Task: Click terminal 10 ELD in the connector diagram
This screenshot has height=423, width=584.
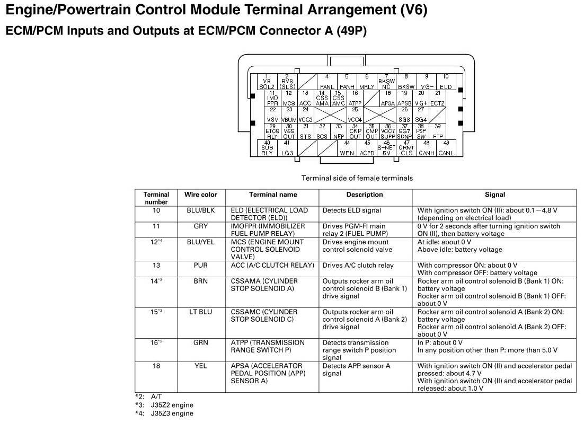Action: click(x=446, y=82)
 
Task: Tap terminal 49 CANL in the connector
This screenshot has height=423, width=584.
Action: click(x=446, y=148)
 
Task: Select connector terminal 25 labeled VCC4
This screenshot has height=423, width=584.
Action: click(x=355, y=114)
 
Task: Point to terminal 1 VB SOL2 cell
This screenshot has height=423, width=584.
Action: click(x=267, y=82)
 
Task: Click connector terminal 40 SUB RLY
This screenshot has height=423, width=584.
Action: click(x=267, y=148)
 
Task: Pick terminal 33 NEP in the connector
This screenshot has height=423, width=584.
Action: click(x=339, y=131)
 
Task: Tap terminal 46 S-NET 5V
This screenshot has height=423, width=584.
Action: click(x=386, y=148)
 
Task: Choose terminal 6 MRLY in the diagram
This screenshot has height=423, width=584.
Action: click(x=367, y=82)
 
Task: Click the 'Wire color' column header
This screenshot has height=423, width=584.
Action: click(x=200, y=195)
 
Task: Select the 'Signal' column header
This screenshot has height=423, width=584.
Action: click(x=494, y=195)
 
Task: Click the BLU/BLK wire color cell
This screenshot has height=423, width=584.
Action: click(x=200, y=210)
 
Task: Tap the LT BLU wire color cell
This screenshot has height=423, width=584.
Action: click(x=200, y=312)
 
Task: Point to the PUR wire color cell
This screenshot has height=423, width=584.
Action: click(x=200, y=265)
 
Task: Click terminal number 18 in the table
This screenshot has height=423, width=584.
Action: click(x=156, y=366)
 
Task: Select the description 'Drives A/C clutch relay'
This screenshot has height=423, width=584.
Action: click(x=358, y=265)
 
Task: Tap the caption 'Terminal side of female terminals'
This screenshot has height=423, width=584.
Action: click(x=357, y=178)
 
